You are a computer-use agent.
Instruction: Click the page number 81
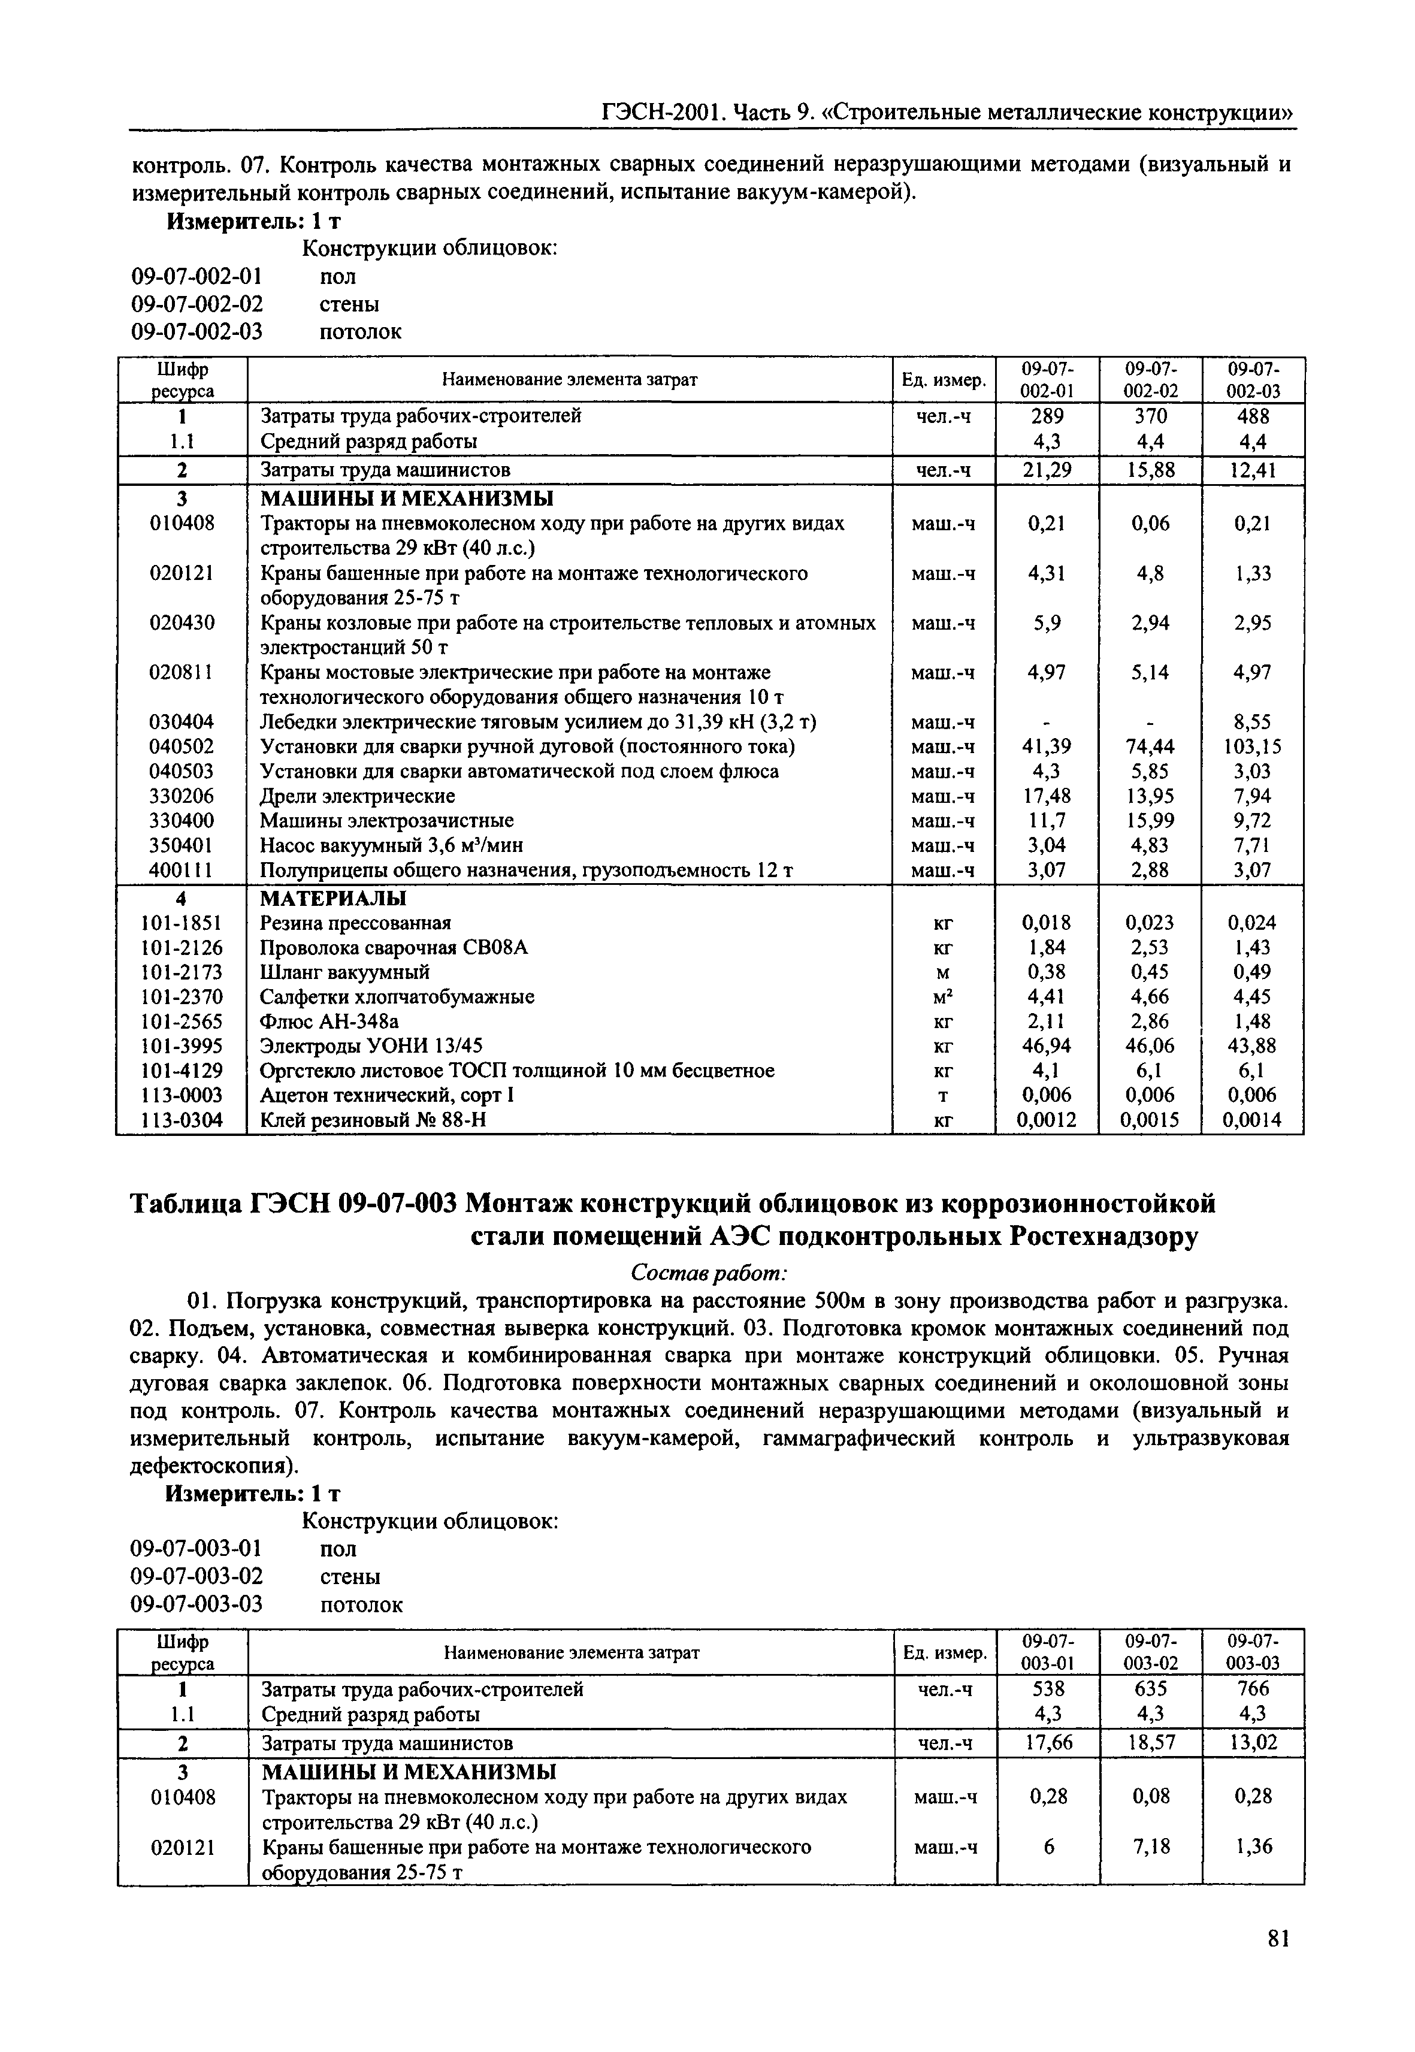pyautogui.click(x=1277, y=1963)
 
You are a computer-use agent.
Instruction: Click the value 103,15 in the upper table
pyautogui.click(x=1253, y=747)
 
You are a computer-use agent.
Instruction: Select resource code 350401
pyautogui.click(x=182, y=845)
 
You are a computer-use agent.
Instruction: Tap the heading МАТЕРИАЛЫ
pyautogui.click(x=333, y=897)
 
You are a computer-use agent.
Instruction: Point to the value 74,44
pyautogui.click(x=1150, y=747)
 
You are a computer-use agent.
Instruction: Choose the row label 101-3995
pyautogui.click(x=182, y=1045)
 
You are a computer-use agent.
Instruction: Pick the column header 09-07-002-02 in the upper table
pyautogui.click(x=1150, y=379)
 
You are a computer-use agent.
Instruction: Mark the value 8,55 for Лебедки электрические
pyautogui.click(x=1253, y=722)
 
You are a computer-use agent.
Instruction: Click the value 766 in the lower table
pyautogui.click(x=1253, y=1688)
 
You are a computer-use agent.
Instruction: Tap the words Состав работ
pyautogui.click(x=707, y=1273)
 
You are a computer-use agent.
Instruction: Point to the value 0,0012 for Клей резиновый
pyautogui.click(x=1046, y=1120)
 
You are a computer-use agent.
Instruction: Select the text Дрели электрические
pyautogui.click(x=357, y=796)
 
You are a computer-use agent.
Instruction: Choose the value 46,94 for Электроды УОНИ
pyautogui.click(x=1046, y=1045)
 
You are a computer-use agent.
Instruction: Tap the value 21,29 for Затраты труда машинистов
pyautogui.click(x=1046, y=470)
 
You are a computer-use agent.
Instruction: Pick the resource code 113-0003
pyautogui.click(x=182, y=1095)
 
